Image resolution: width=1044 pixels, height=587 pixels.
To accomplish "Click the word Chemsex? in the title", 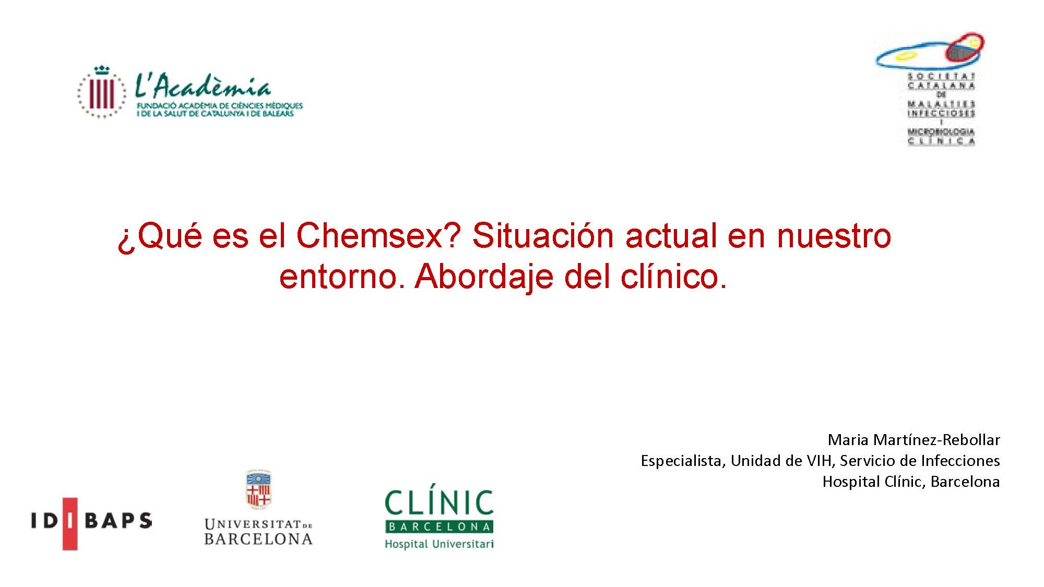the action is pyautogui.click(x=378, y=236).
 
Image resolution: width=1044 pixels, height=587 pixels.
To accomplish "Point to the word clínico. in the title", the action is pyautogui.click(x=673, y=277).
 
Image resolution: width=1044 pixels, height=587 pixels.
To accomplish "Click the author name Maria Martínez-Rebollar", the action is pyautogui.click(x=913, y=440).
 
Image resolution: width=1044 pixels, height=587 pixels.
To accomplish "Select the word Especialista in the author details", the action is pyautogui.click(x=682, y=461).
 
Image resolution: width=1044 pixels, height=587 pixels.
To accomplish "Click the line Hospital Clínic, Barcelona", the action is pyautogui.click(x=911, y=482).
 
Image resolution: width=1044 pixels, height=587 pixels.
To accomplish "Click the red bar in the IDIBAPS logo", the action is pyautogui.click(x=70, y=523).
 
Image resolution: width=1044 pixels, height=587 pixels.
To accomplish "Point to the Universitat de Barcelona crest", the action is pyautogui.click(x=258, y=489).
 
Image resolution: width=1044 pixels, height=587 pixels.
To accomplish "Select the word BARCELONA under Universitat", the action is pyautogui.click(x=258, y=539).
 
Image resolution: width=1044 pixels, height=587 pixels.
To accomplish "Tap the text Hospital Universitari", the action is pyautogui.click(x=439, y=544).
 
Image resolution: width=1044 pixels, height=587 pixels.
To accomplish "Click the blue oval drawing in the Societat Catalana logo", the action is pyautogui.click(x=911, y=57).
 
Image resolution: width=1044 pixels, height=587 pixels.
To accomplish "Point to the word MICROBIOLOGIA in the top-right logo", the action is pyautogui.click(x=941, y=131).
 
